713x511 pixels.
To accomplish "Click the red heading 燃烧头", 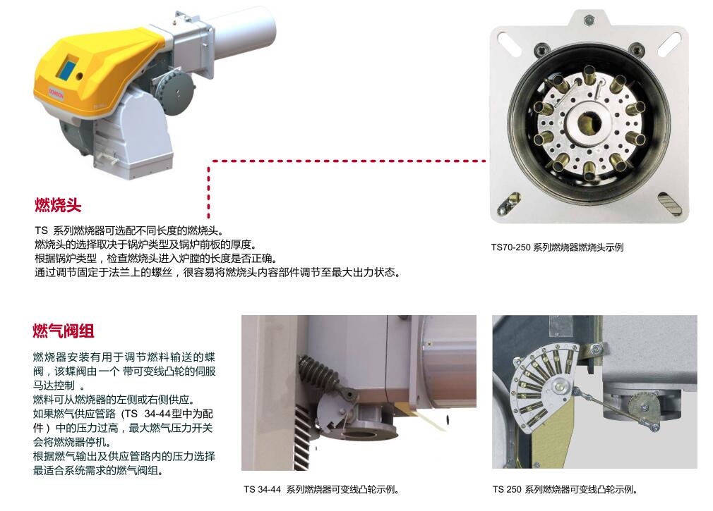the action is click(x=58, y=205).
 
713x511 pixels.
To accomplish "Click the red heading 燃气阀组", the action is click(x=64, y=331).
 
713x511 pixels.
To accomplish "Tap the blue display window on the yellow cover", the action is click(x=68, y=66).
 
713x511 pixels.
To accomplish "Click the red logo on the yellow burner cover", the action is click(x=56, y=94).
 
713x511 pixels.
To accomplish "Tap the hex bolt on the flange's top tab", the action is click(x=589, y=19).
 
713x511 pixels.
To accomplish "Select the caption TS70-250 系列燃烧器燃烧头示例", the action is click(x=557, y=247).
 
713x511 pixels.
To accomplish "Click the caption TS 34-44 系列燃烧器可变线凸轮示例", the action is click(x=321, y=489).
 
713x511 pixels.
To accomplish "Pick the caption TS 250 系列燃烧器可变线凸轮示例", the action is click(x=565, y=489).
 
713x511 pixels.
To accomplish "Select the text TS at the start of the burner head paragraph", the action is click(x=41, y=230).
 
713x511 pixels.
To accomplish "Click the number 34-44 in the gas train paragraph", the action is click(x=157, y=414).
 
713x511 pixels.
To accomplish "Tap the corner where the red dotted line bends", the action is click(x=209, y=161).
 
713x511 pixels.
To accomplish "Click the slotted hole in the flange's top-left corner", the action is click(x=509, y=44).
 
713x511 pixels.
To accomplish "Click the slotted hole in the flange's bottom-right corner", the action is click(x=669, y=204).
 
